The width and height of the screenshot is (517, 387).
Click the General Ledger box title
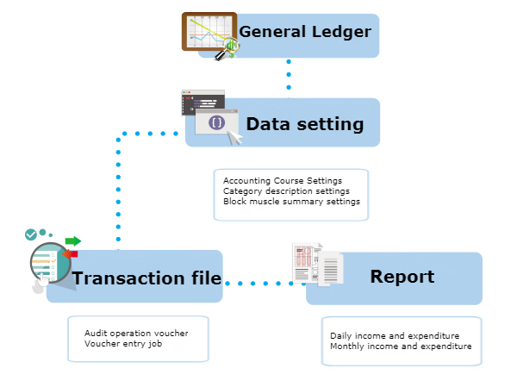(x=305, y=33)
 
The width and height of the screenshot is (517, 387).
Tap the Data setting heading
(x=305, y=124)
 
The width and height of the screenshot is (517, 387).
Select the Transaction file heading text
(x=146, y=278)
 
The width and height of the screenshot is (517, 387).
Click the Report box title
(x=402, y=277)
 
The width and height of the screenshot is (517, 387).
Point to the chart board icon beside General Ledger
(x=209, y=34)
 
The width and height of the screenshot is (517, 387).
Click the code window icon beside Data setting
(x=209, y=116)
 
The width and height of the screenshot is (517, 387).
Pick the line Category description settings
(x=286, y=190)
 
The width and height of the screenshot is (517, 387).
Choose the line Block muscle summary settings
(x=291, y=201)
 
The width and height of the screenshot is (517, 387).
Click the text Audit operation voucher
(x=136, y=333)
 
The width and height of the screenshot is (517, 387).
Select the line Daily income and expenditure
(x=395, y=335)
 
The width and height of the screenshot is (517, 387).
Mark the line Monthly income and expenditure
(x=401, y=346)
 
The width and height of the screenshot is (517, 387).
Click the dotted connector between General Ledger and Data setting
(x=288, y=78)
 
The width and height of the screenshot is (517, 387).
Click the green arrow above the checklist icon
(x=72, y=240)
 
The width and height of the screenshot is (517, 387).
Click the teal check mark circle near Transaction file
(x=31, y=234)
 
